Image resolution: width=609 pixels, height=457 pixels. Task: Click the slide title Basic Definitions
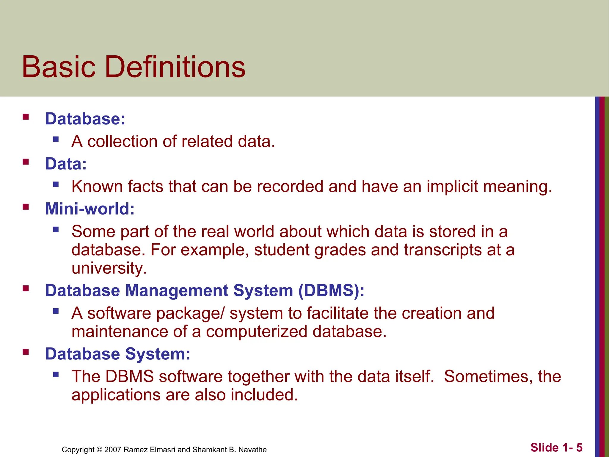(134, 67)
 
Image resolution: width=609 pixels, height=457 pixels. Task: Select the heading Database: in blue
(85, 119)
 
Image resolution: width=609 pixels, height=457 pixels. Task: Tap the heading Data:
(66, 164)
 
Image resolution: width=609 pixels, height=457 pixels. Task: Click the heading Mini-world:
(90, 209)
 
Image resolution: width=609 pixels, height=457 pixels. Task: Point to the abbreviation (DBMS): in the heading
(331, 290)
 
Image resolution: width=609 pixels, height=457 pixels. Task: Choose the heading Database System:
(117, 354)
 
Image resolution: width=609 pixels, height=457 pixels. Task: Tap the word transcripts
(442, 250)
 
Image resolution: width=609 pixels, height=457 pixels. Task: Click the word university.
(109, 268)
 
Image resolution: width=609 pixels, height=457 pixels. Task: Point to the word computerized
(257, 332)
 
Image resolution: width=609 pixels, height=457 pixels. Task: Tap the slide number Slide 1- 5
(556, 447)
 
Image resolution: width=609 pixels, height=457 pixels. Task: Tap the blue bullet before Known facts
(56, 184)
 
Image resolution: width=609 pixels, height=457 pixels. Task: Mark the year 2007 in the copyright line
(113, 450)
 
